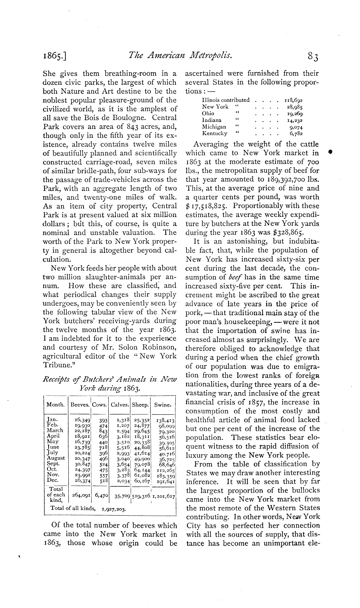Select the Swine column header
162,405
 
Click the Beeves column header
80,405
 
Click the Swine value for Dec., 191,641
166,480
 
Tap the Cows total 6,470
101,494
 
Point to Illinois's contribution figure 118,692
293,100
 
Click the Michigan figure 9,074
296,127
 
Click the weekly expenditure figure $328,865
297,233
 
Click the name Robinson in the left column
158,347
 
